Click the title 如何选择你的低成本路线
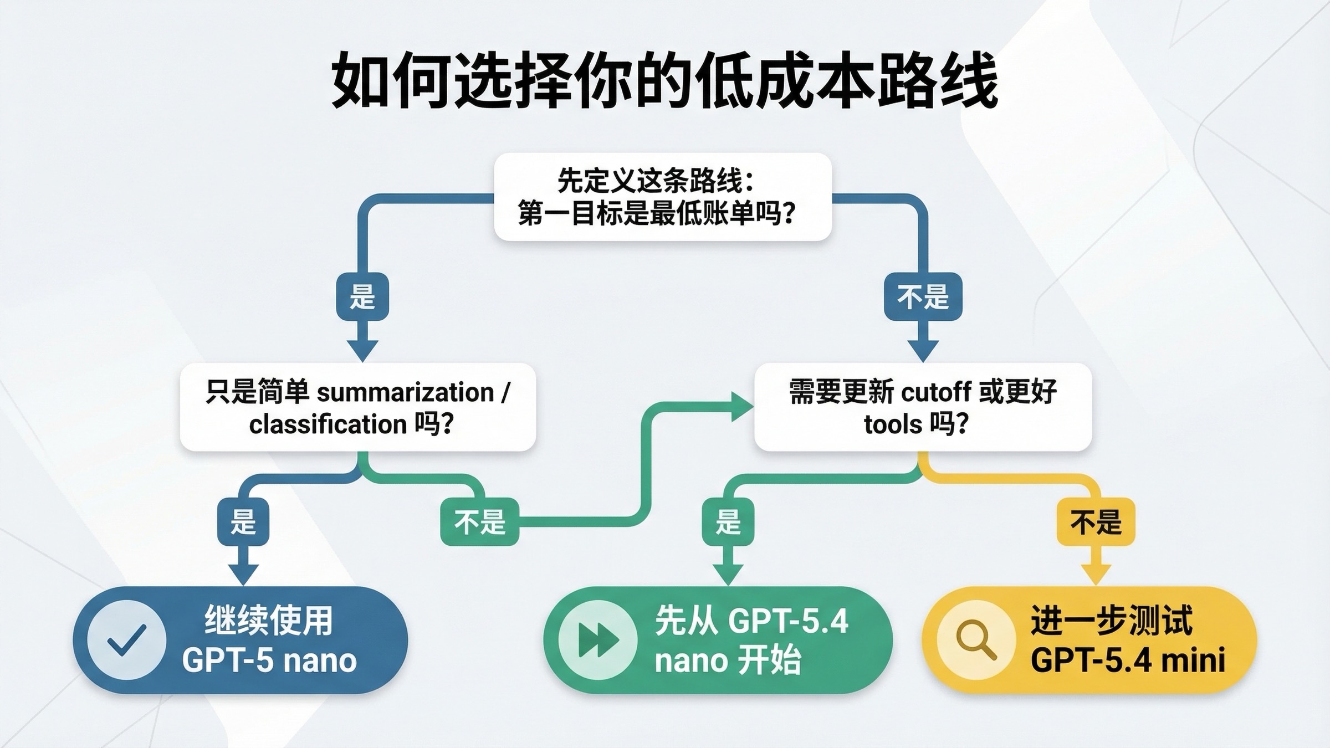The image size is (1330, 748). pyautogui.click(x=664, y=81)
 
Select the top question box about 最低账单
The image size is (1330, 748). pyautogui.click(x=663, y=197)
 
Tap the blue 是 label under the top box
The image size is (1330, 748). pyautogui.click(x=362, y=296)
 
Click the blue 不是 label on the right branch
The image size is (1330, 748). pyautogui.click(x=923, y=296)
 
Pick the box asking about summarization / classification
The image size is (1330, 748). pyautogui.click(x=358, y=407)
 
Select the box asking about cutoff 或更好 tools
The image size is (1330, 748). pyautogui.click(x=923, y=407)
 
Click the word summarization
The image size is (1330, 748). pyautogui.click(x=405, y=392)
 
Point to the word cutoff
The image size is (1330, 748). pyautogui.click(x=936, y=392)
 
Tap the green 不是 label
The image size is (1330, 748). pyautogui.click(x=479, y=522)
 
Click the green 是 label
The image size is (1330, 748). pyautogui.click(x=728, y=522)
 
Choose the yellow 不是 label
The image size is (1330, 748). pyautogui.click(x=1096, y=522)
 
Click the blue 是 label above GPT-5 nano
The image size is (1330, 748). pyautogui.click(x=243, y=522)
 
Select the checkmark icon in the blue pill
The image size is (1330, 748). pyautogui.click(x=127, y=640)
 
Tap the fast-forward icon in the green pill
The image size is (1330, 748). pyautogui.click(x=597, y=640)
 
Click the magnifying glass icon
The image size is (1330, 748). pyautogui.click(x=976, y=640)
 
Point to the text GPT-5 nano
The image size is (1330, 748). pyautogui.click(x=269, y=660)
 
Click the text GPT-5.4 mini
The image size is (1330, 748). pyautogui.click(x=1128, y=660)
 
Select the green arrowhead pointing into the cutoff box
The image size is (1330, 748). pyautogui.click(x=742, y=407)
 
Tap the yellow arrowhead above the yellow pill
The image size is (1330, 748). pyautogui.click(x=1096, y=574)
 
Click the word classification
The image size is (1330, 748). pyautogui.click(x=328, y=424)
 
